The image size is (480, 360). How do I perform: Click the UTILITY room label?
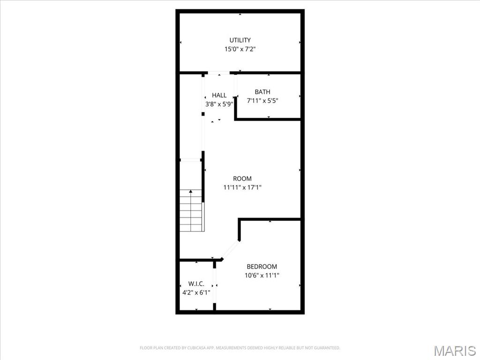pyautogui.click(x=240, y=40)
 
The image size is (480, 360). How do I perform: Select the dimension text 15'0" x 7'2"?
pyautogui.click(x=240, y=49)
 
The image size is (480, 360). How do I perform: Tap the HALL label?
pyautogui.click(x=219, y=96)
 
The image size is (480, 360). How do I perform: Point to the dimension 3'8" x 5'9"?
pyautogui.click(x=219, y=105)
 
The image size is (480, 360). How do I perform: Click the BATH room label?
pyautogui.click(x=262, y=92)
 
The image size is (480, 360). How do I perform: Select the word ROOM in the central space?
pyautogui.click(x=242, y=179)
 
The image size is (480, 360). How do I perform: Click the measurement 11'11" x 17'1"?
pyautogui.click(x=242, y=187)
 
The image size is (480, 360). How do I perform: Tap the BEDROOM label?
pyautogui.click(x=262, y=267)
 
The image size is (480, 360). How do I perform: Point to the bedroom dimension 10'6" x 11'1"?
pyautogui.click(x=262, y=276)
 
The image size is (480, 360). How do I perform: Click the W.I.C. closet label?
pyautogui.click(x=196, y=284)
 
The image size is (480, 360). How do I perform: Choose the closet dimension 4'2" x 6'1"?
pyautogui.click(x=196, y=292)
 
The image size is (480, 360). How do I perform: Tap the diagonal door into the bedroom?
pyautogui.click(x=230, y=250)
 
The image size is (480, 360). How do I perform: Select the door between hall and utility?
pyautogui.click(x=218, y=73)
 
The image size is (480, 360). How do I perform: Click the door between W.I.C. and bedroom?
pyautogui.click(x=215, y=285)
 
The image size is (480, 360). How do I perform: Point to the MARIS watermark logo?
pyautogui.click(x=454, y=351)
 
